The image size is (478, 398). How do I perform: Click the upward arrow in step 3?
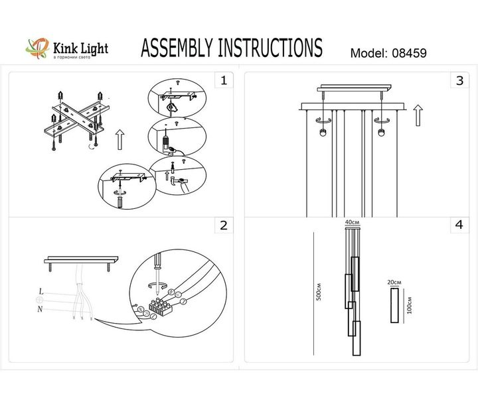click(x=417, y=115)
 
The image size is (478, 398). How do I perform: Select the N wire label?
click(x=41, y=309)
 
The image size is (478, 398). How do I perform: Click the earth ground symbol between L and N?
click(x=40, y=300)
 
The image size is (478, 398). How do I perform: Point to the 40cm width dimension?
click(x=352, y=222)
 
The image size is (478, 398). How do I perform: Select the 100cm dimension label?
click(x=411, y=306)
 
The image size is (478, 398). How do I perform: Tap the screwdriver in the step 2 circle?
click(x=158, y=269)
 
